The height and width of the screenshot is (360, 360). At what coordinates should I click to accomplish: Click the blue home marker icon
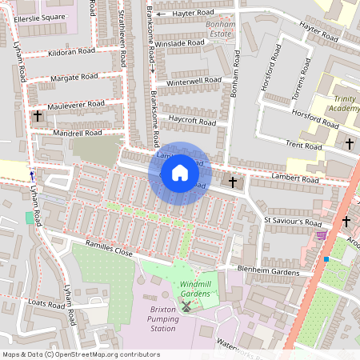180,173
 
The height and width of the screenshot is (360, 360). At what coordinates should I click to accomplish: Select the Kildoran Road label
71,51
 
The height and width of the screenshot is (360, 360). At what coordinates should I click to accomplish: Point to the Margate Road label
74,78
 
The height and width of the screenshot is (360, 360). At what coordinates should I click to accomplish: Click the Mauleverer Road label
76,104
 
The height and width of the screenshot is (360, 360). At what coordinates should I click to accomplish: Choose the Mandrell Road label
77,132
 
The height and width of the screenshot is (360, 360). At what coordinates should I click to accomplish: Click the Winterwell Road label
194,82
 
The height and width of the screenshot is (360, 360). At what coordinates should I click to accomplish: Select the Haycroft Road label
192,121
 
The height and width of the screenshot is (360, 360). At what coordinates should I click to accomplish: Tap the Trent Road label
304,146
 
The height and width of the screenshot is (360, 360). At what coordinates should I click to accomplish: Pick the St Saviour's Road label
292,222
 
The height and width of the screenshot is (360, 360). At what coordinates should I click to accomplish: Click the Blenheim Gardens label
270,270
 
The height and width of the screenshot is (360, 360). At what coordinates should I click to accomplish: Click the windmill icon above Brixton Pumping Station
186,306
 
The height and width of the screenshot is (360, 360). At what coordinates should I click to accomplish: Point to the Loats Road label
46,303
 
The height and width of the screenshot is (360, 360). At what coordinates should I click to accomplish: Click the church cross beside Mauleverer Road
38,117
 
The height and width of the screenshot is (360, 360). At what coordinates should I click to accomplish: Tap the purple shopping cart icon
322,234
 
